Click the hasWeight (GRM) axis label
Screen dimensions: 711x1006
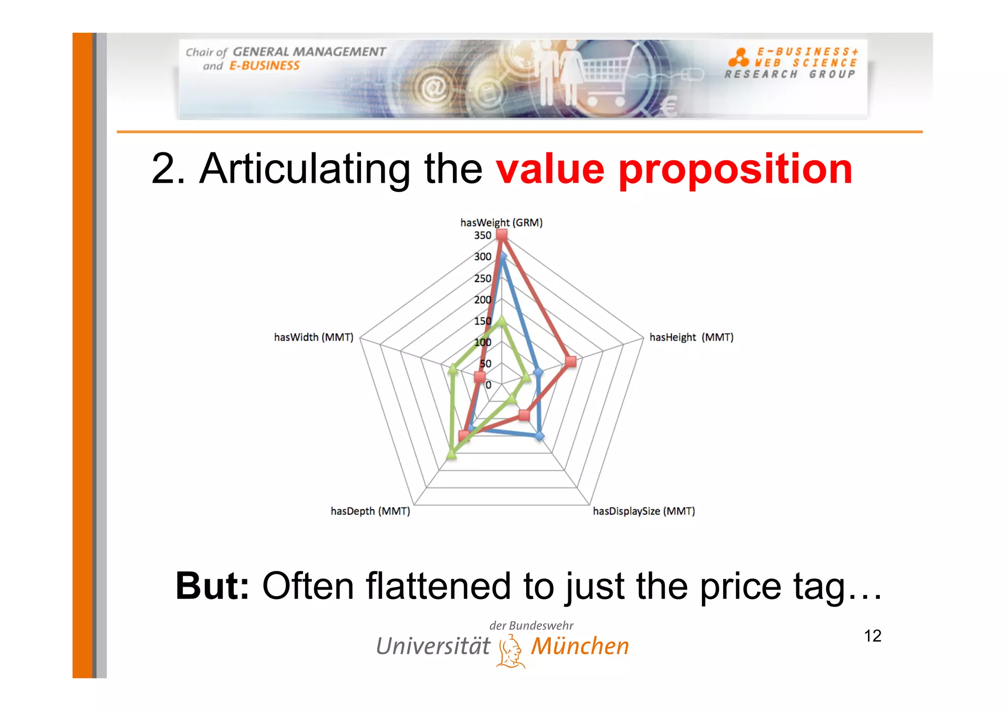(x=501, y=223)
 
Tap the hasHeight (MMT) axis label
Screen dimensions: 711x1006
(x=691, y=337)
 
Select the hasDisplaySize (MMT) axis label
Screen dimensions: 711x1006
(x=643, y=511)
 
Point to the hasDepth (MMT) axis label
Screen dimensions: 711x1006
(x=370, y=511)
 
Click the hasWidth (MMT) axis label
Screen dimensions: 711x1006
(x=313, y=337)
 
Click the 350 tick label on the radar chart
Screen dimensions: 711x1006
(x=482, y=235)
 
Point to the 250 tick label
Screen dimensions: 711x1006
(x=482, y=278)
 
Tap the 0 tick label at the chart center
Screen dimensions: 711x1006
(x=488, y=385)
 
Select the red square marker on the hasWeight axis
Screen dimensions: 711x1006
(x=502, y=235)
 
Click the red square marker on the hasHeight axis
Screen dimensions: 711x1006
(x=570, y=362)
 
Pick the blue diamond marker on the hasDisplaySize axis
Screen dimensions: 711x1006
(x=539, y=436)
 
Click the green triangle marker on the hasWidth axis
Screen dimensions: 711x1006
(x=453, y=368)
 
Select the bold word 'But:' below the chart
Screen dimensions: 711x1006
(x=212, y=586)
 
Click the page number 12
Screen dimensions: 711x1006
(x=872, y=636)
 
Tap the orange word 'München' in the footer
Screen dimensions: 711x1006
(x=580, y=646)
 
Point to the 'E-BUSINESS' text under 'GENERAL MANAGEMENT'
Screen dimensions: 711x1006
(x=264, y=66)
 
